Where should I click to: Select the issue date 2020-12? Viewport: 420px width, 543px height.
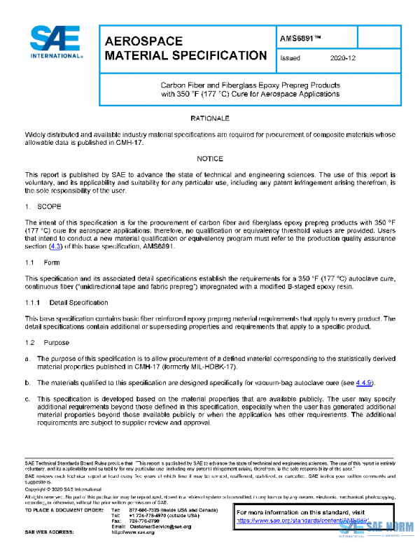[x=342, y=59]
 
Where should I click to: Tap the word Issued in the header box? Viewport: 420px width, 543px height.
[x=290, y=59]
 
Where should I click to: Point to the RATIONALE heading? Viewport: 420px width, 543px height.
[x=209, y=119]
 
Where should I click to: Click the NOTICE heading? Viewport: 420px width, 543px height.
[x=209, y=159]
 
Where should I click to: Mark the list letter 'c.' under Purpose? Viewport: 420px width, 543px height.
[x=28, y=398]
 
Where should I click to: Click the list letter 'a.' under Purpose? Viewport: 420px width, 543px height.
[x=28, y=359]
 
